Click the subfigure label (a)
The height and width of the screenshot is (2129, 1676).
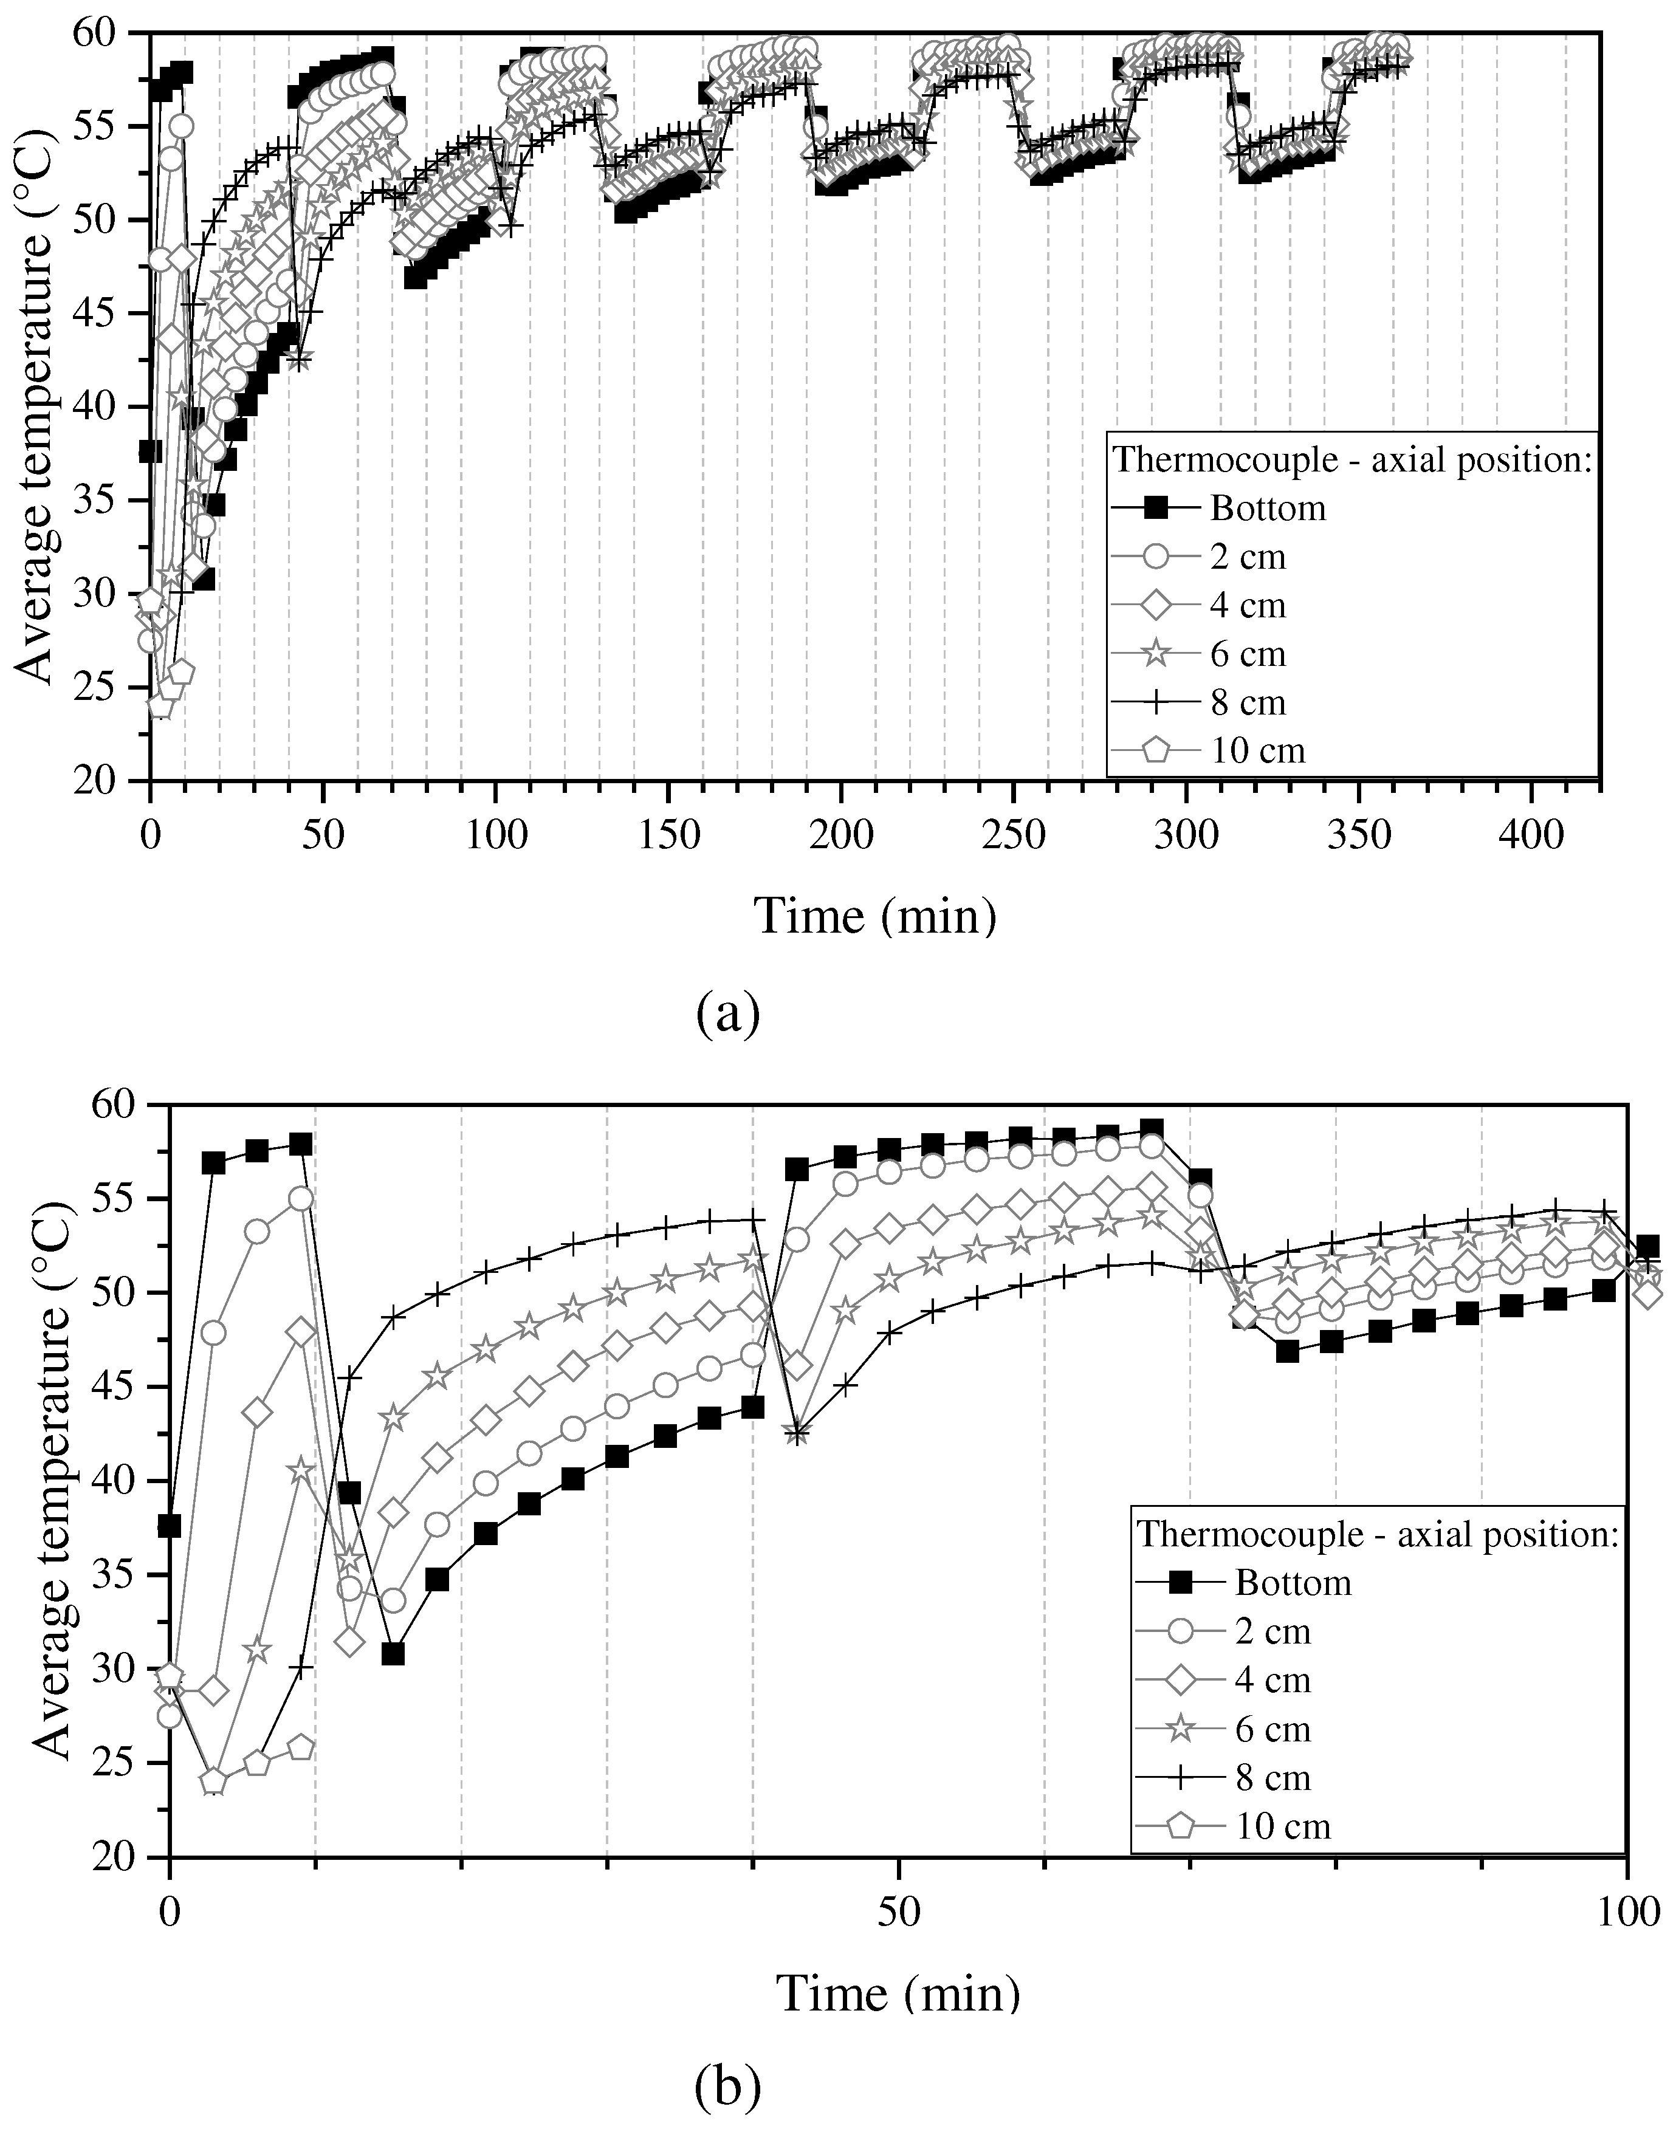pyautogui.click(x=728, y=1015)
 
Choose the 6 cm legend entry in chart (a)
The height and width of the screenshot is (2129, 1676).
pyautogui.click(x=1247, y=653)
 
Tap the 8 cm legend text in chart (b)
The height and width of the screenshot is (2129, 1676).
pyautogui.click(x=1272, y=1777)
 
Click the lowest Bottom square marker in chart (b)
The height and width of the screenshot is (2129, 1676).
pyautogui.click(x=393, y=1653)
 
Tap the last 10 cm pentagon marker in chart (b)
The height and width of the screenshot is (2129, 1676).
pyautogui.click(x=301, y=1747)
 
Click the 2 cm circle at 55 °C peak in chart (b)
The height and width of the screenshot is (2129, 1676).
pyautogui.click(x=301, y=1199)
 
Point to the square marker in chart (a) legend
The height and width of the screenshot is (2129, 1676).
pyautogui.click(x=1157, y=508)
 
